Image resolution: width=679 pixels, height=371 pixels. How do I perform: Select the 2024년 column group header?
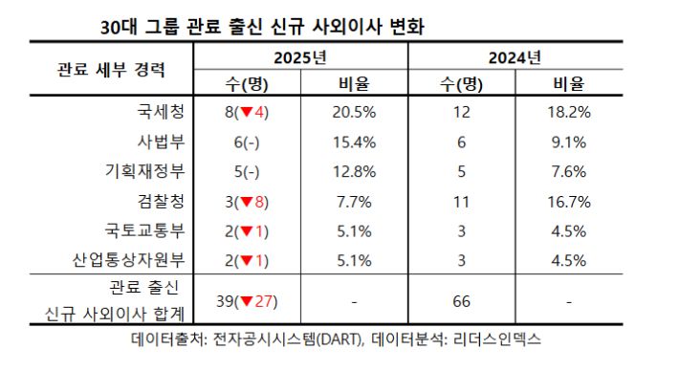pos(515,55)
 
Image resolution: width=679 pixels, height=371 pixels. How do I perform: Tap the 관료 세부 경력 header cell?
pos(111,70)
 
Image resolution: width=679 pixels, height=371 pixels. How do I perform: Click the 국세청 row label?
pos(160,112)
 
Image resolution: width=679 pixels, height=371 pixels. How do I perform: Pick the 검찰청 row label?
pos(160,201)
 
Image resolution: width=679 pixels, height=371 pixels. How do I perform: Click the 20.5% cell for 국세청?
pos(355,112)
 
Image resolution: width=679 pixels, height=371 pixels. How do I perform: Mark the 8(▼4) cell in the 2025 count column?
pos(246,112)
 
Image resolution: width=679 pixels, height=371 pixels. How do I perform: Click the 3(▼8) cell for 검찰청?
pos(246,201)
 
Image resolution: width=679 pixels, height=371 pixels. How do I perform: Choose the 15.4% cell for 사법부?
pos(355,142)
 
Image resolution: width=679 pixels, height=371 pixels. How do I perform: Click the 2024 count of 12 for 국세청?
pos(462,112)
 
